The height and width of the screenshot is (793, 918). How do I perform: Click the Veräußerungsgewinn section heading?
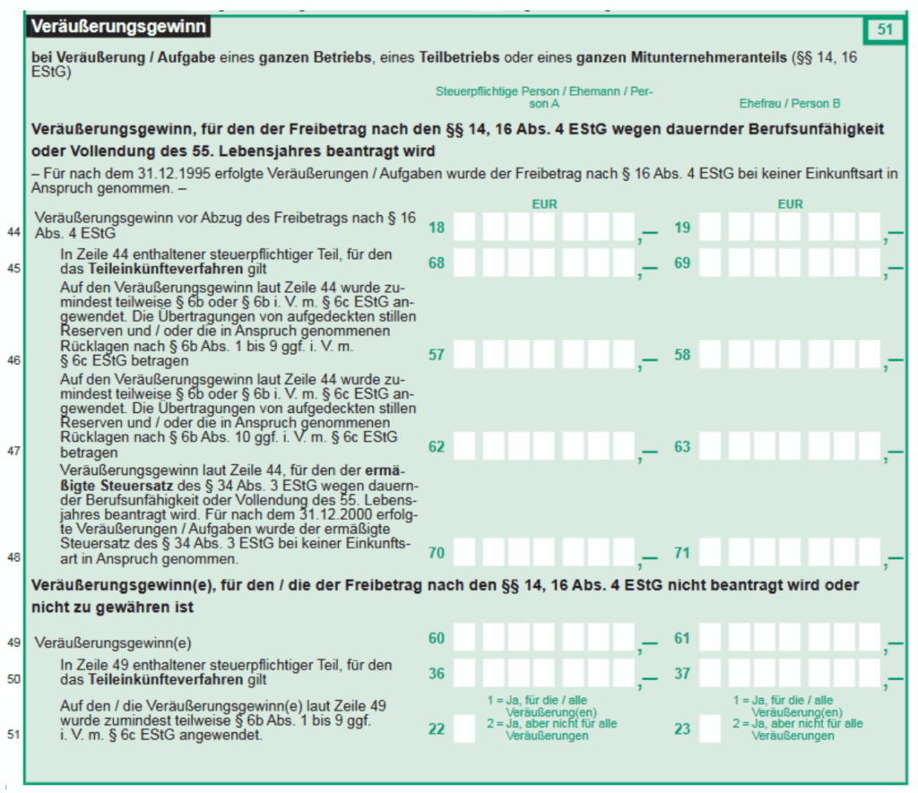coord(118,28)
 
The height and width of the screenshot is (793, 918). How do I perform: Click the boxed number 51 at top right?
coord(885,30)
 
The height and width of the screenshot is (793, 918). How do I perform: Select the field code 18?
coord(437,228)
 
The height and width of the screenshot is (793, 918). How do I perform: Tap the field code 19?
coord(682,228)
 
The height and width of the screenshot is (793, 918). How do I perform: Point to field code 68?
coord(437,263)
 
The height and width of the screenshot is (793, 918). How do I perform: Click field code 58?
coord(682,355)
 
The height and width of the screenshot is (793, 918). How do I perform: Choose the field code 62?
coord(437,446)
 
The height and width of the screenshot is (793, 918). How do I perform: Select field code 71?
coord(682,553)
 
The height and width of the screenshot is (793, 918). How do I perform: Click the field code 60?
coord(437,638)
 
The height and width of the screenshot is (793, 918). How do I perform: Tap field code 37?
coord(682,673)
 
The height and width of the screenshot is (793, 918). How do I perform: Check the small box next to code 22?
coord(464,728)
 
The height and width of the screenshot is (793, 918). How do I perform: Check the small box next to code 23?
coord(710,728)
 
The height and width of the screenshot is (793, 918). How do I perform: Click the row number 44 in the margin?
coord(13,232)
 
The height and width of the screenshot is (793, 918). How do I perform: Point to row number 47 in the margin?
coord(13,452)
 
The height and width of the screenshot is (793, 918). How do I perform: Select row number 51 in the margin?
coord(13,735)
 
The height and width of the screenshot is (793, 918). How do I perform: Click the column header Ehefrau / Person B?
coord(790,103)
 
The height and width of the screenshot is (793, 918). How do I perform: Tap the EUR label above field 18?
coord(544,204)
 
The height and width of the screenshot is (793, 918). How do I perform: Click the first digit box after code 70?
coord(464,553)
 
